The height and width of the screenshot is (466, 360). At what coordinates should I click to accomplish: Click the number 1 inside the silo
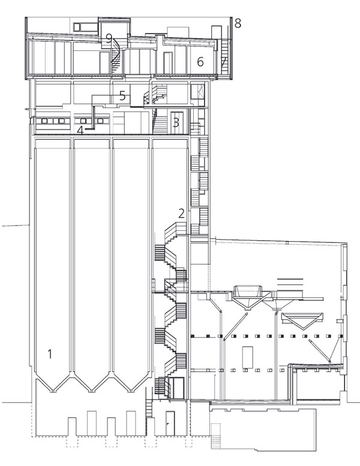50,354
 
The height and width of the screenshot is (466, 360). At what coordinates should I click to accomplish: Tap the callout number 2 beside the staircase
181,214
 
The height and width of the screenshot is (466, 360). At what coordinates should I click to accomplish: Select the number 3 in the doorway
176,122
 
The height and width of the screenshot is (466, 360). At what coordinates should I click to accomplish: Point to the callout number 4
80,130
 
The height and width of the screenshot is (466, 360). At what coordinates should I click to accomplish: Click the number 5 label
122,96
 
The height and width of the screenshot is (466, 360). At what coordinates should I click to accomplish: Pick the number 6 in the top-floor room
200,62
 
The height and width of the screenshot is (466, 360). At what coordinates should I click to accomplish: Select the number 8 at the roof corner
238,23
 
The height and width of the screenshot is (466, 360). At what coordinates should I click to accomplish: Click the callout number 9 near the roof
109,38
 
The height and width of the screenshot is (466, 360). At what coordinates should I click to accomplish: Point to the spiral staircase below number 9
116,56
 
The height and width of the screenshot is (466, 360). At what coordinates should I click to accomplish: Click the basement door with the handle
170,423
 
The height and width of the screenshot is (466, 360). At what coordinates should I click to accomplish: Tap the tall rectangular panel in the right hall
248,357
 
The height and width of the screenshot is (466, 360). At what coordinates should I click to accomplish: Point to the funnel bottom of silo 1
53,380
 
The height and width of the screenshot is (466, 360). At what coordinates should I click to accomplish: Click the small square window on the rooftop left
77,27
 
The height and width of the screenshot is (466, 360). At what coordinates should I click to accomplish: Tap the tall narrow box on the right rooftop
217,33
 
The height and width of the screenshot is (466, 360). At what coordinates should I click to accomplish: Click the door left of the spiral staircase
104,63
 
